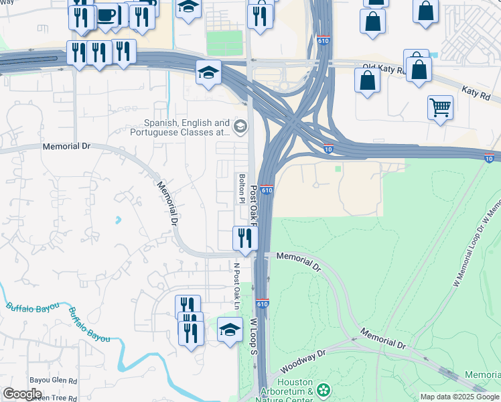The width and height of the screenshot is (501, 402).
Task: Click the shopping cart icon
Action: tap(440, 107)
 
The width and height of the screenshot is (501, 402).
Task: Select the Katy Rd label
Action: tap(476, 92)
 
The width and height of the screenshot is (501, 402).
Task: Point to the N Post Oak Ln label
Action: tap(236, 285)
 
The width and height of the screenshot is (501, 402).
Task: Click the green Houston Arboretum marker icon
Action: tap(324, 389)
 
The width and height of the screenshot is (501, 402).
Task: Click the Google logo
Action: tap(21, 394)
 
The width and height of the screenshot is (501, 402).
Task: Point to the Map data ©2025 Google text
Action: tap(459, 397)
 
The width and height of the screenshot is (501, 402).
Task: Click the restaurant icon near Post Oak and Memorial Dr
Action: tap(244, 237)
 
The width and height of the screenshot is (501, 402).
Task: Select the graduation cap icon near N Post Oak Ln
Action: tap(230, 329)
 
